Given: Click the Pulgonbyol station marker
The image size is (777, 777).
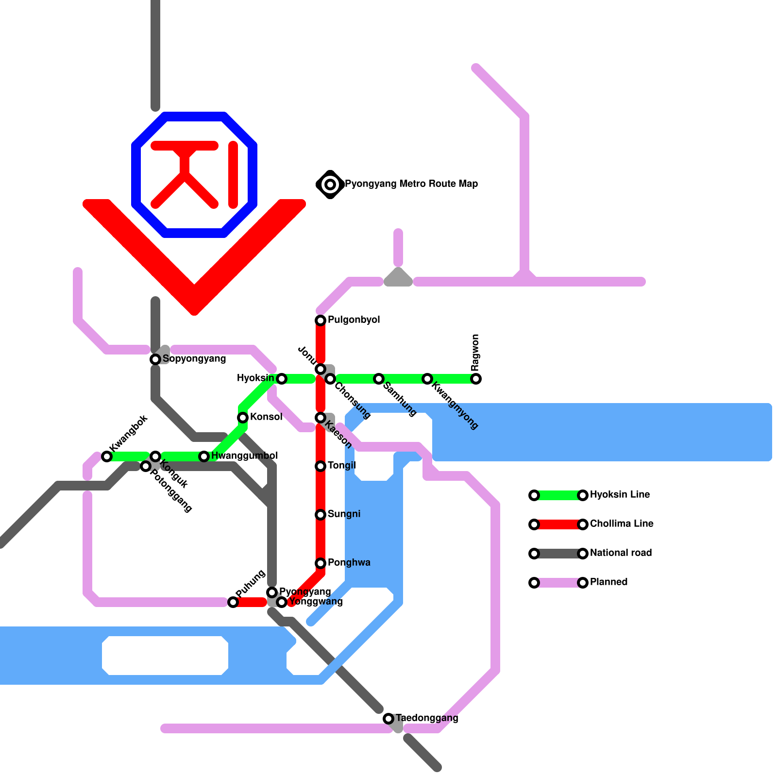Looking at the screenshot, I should tap(321, 321).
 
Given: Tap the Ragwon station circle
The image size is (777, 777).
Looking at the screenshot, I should tap(476, 379).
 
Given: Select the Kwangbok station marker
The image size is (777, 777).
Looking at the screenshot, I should tap(107, 456).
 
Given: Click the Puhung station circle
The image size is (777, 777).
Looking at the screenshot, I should tap(233, 602).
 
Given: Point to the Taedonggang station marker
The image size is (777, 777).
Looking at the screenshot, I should tap(388, 719).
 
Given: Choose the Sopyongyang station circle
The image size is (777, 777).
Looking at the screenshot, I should tap(155, 359).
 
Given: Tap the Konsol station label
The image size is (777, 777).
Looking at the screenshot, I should tap(266, 417).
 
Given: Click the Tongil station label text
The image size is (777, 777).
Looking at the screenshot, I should tap(342, 466).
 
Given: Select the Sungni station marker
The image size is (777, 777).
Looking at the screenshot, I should tap(321, 515).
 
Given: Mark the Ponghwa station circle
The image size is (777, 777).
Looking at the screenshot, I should tap(321, 563).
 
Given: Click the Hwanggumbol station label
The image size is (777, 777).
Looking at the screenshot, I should tap(245, 456).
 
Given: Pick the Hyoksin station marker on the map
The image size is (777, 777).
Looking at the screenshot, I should tap(282, 379).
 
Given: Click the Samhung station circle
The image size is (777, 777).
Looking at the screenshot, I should tap(379, 379).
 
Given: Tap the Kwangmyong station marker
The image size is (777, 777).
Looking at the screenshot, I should tap(427, 379).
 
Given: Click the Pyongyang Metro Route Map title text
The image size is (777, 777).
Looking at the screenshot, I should tap(411, 184).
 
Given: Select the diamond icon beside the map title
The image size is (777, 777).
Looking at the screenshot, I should tap(330, 185).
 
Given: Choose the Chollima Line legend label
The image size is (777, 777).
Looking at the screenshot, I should tap(622, 524).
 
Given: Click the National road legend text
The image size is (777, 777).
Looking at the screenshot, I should tap(621, 553).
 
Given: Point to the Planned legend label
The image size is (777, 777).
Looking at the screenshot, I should tap(608, 582).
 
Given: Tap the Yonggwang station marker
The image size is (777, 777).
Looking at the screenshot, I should tap(282, 602).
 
